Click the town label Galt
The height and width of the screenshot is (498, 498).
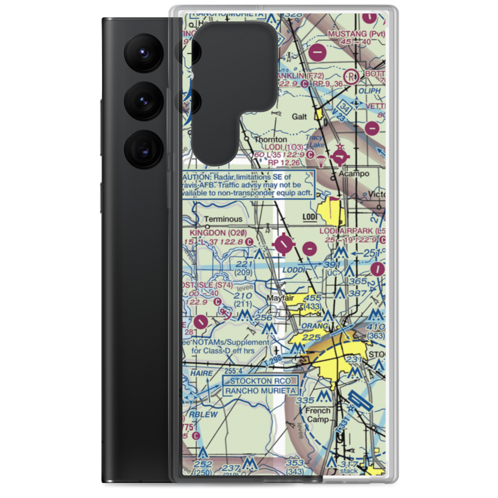tap(299, 116)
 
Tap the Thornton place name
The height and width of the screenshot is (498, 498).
tap(270, 140)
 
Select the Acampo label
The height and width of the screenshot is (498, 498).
tap(354, 174)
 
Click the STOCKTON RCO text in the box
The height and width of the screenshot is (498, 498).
tap(259, 381)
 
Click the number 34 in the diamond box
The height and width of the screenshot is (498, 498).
tap(347, 106)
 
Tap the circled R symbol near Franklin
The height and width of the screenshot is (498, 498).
tap(353, 77)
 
